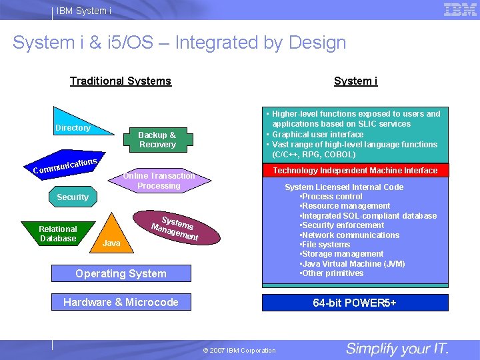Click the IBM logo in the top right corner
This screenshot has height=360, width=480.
click(460, 9)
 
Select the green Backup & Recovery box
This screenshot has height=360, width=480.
click(157, 139)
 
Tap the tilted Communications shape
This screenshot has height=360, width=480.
click(66, 166)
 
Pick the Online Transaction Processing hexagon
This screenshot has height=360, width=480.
click(159, 181)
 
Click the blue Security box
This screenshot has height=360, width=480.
click(73, 197)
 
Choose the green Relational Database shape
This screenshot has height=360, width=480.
click(59, 233)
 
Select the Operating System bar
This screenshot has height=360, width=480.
click(121, 273)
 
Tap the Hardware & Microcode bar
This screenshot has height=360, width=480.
click(121, 302)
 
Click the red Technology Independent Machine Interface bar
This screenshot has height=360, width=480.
click(355, 171)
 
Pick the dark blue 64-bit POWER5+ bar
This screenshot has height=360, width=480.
click(355, 303)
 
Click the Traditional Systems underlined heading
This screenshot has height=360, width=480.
click(121, 81)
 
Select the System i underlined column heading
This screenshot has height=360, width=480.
click(355, 81)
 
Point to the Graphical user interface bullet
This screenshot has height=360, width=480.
click(318, 134)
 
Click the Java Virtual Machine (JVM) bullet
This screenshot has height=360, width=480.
click(353, 263)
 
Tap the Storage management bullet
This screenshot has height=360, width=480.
click(342, 253)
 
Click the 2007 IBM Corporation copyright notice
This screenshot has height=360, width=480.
click(239, 350)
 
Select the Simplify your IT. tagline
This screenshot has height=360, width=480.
click(397, 349)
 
